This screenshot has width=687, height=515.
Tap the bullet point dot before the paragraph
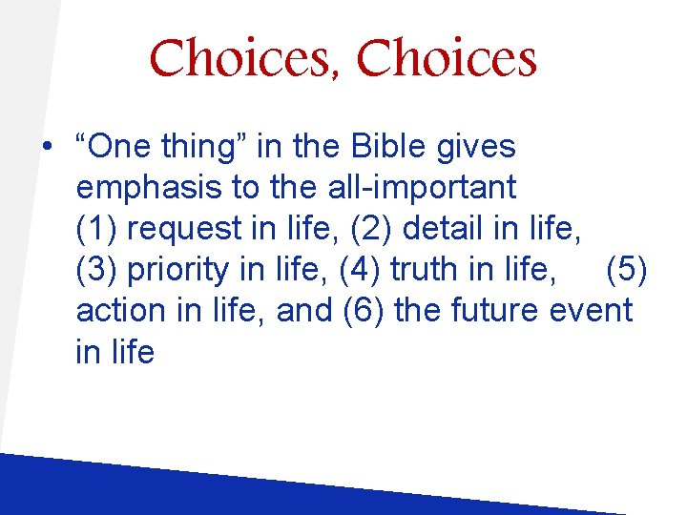tap(46, 149)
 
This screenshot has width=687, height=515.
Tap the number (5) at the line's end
tap(626, 270)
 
